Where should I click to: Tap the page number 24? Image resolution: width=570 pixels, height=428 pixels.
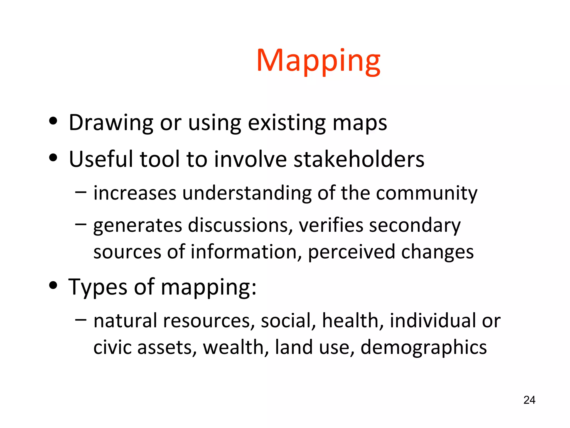pos(529,400)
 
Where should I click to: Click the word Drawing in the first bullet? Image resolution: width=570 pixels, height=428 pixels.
pos(111,123)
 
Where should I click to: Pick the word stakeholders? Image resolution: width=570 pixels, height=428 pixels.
pos(359,159)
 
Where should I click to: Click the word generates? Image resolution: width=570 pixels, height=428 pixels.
pos(137,225)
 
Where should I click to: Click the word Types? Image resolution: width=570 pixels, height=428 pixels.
pos(98,287)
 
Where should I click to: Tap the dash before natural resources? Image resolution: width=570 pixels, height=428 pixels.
pos(81,320)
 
